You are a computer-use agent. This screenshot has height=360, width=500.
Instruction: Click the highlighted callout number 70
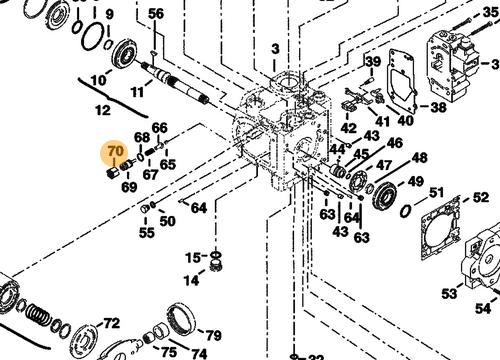115,152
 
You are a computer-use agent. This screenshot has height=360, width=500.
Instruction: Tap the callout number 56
156,14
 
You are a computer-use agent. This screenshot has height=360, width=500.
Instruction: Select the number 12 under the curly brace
103,110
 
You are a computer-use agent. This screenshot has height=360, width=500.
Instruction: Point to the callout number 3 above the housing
275,49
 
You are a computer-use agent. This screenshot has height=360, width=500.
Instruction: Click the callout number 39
373,62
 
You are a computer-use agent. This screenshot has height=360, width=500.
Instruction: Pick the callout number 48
420,158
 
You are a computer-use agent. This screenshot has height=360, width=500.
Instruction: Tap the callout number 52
481,197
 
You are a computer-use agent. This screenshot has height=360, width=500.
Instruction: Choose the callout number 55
147,233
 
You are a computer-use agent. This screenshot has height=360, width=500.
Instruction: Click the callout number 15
193,258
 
